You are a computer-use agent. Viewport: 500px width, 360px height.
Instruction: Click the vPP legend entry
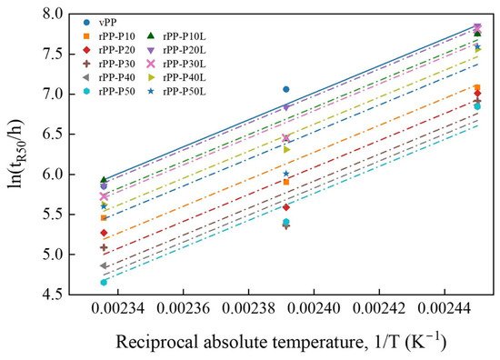tap(100, 23)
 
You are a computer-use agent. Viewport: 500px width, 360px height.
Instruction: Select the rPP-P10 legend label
tap(117, 36)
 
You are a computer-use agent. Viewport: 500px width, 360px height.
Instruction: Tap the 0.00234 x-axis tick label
tap(118, 308)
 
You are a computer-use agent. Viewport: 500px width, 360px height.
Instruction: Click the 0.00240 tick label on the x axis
tap(314, 308)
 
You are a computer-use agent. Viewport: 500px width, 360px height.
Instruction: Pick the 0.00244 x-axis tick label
tap(445, 308)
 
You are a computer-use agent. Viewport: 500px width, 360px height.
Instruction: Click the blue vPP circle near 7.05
tap(286, 89)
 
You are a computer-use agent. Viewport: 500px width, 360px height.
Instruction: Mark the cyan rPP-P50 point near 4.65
tap(104, 282)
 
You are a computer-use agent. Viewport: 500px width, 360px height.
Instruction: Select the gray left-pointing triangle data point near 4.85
tap(104, 265)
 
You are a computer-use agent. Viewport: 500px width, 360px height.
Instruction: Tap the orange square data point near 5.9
tap(286, 182)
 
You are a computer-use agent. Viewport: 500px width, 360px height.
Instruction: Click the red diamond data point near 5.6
tap(286, 207)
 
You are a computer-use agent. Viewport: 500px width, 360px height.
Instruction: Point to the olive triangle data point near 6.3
tap(286, 149)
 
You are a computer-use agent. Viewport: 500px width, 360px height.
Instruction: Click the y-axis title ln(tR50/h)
tap(16, 154)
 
